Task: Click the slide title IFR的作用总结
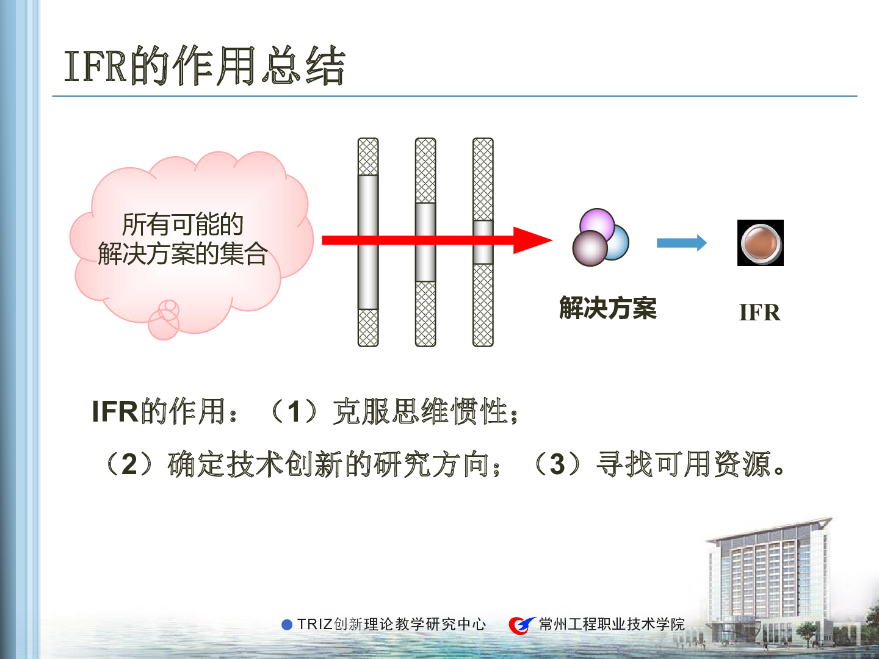(x=204, y=65)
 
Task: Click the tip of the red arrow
(x=552, y=240)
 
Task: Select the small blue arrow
(x=682, y=242)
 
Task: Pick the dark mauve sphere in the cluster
(x=590, y=248)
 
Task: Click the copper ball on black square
(x=761, y=243)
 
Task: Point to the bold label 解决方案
(x=608, y=308)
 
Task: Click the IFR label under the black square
(x=760, y=312)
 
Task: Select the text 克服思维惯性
(x=421, y=411)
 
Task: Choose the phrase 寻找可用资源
(x=683, y=464)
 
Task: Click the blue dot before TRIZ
(x=287, y=625)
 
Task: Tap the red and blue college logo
(x=521, y=625)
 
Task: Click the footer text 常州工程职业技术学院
(x=612, y=624)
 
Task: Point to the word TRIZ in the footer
(x=315, y=624)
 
